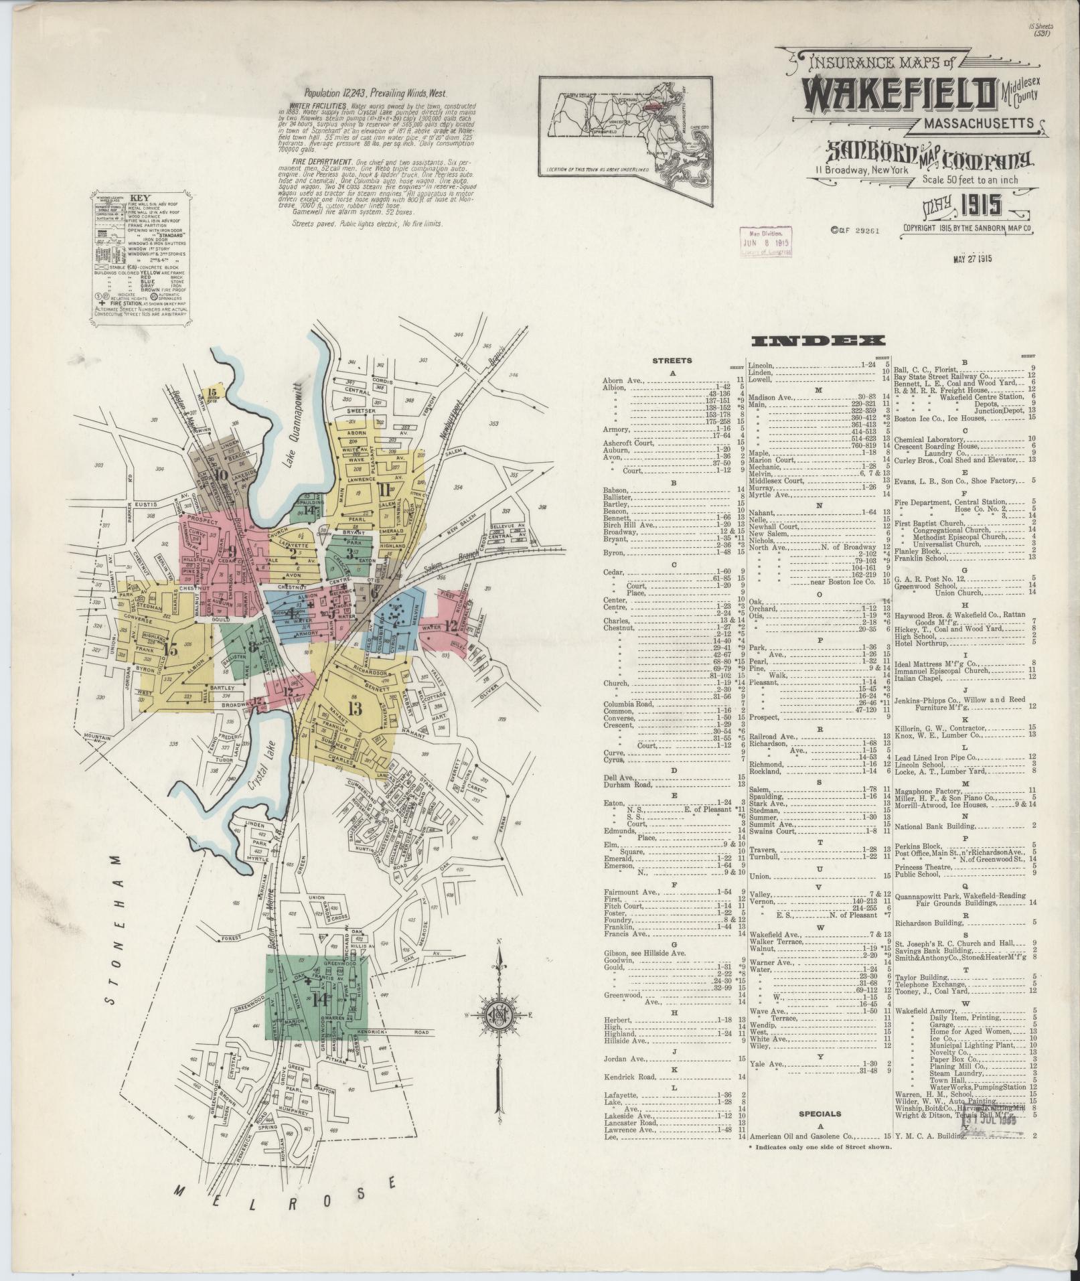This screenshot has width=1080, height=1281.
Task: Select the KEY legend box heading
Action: (x=139, y=198)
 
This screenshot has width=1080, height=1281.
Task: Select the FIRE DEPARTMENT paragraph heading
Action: (x=317, y=162)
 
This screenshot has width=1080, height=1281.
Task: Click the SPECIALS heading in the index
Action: (x=820, y=1114)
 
